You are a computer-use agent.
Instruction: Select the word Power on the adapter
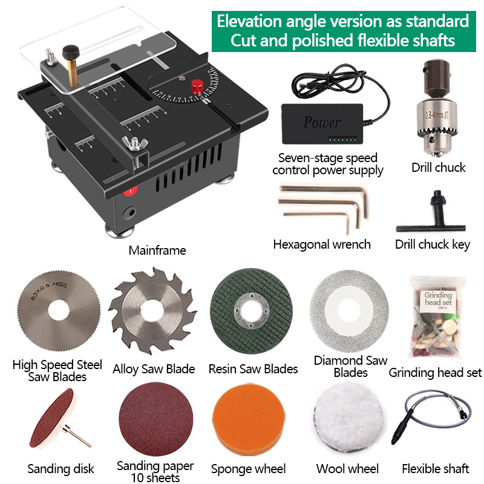click(322, 122)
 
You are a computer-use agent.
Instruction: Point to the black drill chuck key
click(433, 217)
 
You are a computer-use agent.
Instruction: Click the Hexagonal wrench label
click(322, 244)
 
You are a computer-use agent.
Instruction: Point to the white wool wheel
click(348, 423)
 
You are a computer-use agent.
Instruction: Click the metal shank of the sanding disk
click(78, 437)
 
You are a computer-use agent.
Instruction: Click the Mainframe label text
click(157, 250)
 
